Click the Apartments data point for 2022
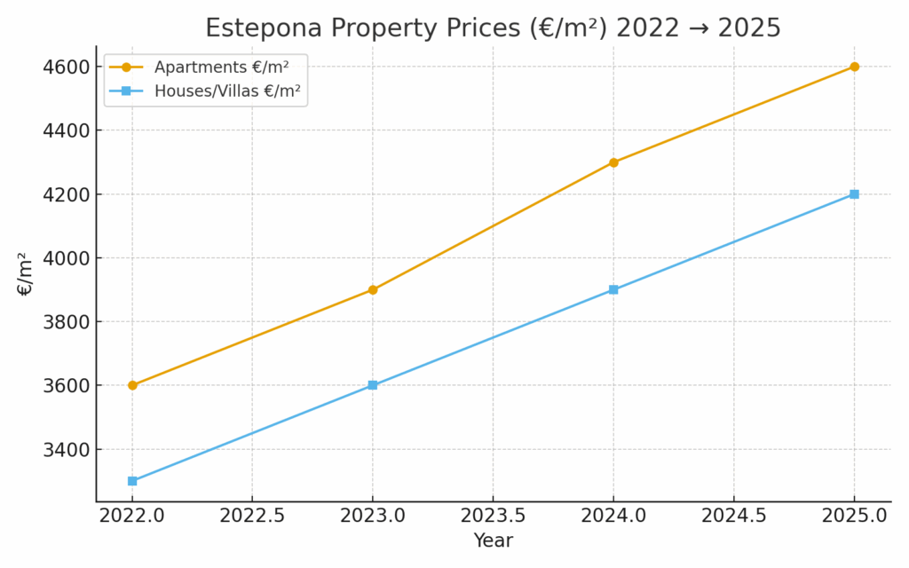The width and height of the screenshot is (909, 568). click(132, 385)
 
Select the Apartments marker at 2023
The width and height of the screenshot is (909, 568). click(373, 289)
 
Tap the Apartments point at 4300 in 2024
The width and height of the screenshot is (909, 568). click(613, 162)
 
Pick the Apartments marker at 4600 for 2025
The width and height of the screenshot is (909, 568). click(854, 67)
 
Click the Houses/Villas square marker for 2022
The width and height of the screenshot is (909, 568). click(132, 481)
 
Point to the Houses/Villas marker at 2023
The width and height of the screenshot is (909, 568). click(373, 385)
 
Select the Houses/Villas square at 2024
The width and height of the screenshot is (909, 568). click(613, 289)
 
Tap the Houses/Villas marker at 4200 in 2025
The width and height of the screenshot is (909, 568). click(854, 194)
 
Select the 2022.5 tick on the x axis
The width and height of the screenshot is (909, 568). click(252, 517)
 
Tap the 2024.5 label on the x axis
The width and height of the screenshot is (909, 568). click(733, 517)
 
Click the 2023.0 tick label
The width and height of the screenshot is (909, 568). click(373, 517)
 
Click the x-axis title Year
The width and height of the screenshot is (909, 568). click(493, 540)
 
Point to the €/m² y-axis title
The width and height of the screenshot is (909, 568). click(25, 273)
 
